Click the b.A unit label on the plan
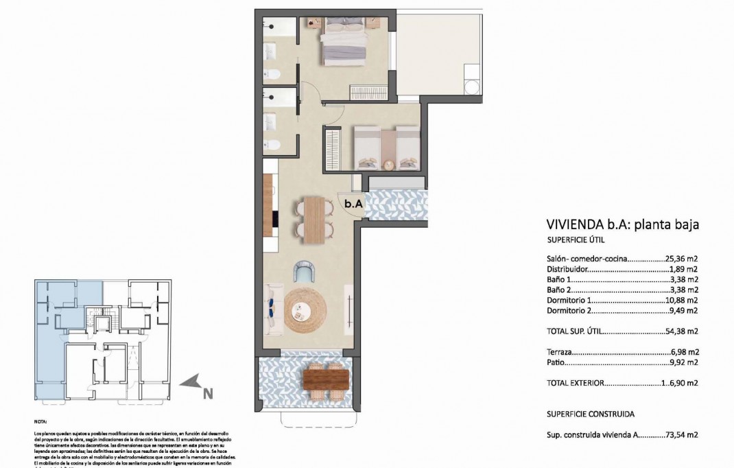pos(353,204)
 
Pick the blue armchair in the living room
pos(304,272)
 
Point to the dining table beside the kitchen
pos(314,219)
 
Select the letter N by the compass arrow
pos(207,393)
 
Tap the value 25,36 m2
pos(681,259)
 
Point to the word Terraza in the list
pos(560,352)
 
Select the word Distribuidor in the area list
pos(569,270)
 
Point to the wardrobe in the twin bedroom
pos(333,147)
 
